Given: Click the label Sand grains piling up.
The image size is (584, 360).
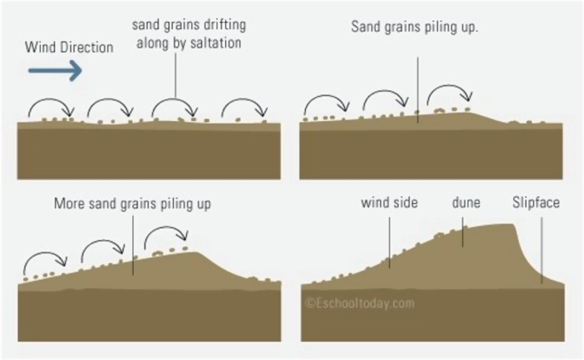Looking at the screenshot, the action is [x=415, y=26].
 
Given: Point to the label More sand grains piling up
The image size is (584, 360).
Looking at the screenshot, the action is [x=132, y=204].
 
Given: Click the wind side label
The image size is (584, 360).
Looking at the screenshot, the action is [x=389, y=203].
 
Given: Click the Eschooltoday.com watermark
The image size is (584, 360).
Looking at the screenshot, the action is [x=359, y=302].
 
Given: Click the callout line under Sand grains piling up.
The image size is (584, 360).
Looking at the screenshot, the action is [x=418, y=90].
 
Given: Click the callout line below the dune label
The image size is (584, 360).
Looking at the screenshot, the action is [x=463, y=230].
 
